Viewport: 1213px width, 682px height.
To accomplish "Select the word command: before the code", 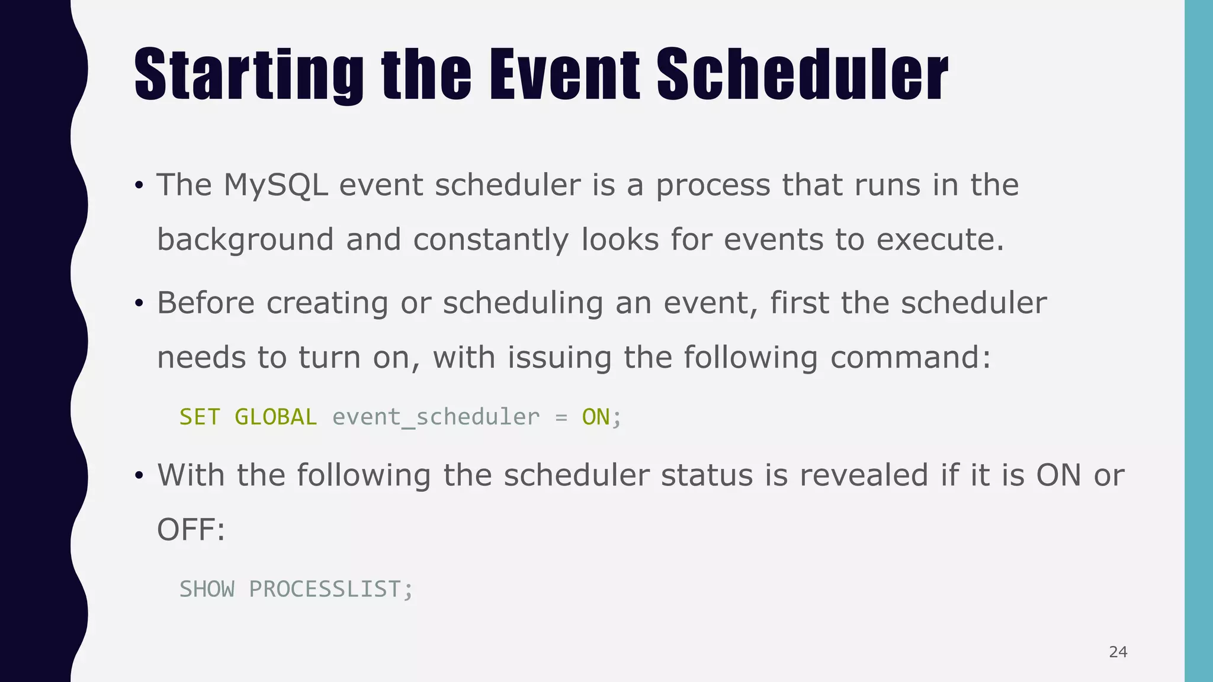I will tap(910, 358).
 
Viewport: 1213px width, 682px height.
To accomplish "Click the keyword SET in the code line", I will tap(200, 417).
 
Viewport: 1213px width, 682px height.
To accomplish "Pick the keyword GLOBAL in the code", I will tap(275, 417).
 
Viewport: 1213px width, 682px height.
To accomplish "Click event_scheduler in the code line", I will tap(436, 417).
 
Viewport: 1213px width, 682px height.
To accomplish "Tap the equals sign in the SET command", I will tap(561, 417).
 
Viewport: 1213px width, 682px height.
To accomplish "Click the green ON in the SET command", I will tap(595, 417).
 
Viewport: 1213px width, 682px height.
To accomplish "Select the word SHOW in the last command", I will tap(207, 589).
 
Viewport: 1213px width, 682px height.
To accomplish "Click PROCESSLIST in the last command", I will tap(325, 589).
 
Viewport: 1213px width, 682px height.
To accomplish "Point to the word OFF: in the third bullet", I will tap(191, 529).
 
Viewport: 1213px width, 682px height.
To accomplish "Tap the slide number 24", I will tap(1118, 652).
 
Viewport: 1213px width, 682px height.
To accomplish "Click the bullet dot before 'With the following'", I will tap(139, 475).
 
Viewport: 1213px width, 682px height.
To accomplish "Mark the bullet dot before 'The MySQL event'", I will tap(139, 185).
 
